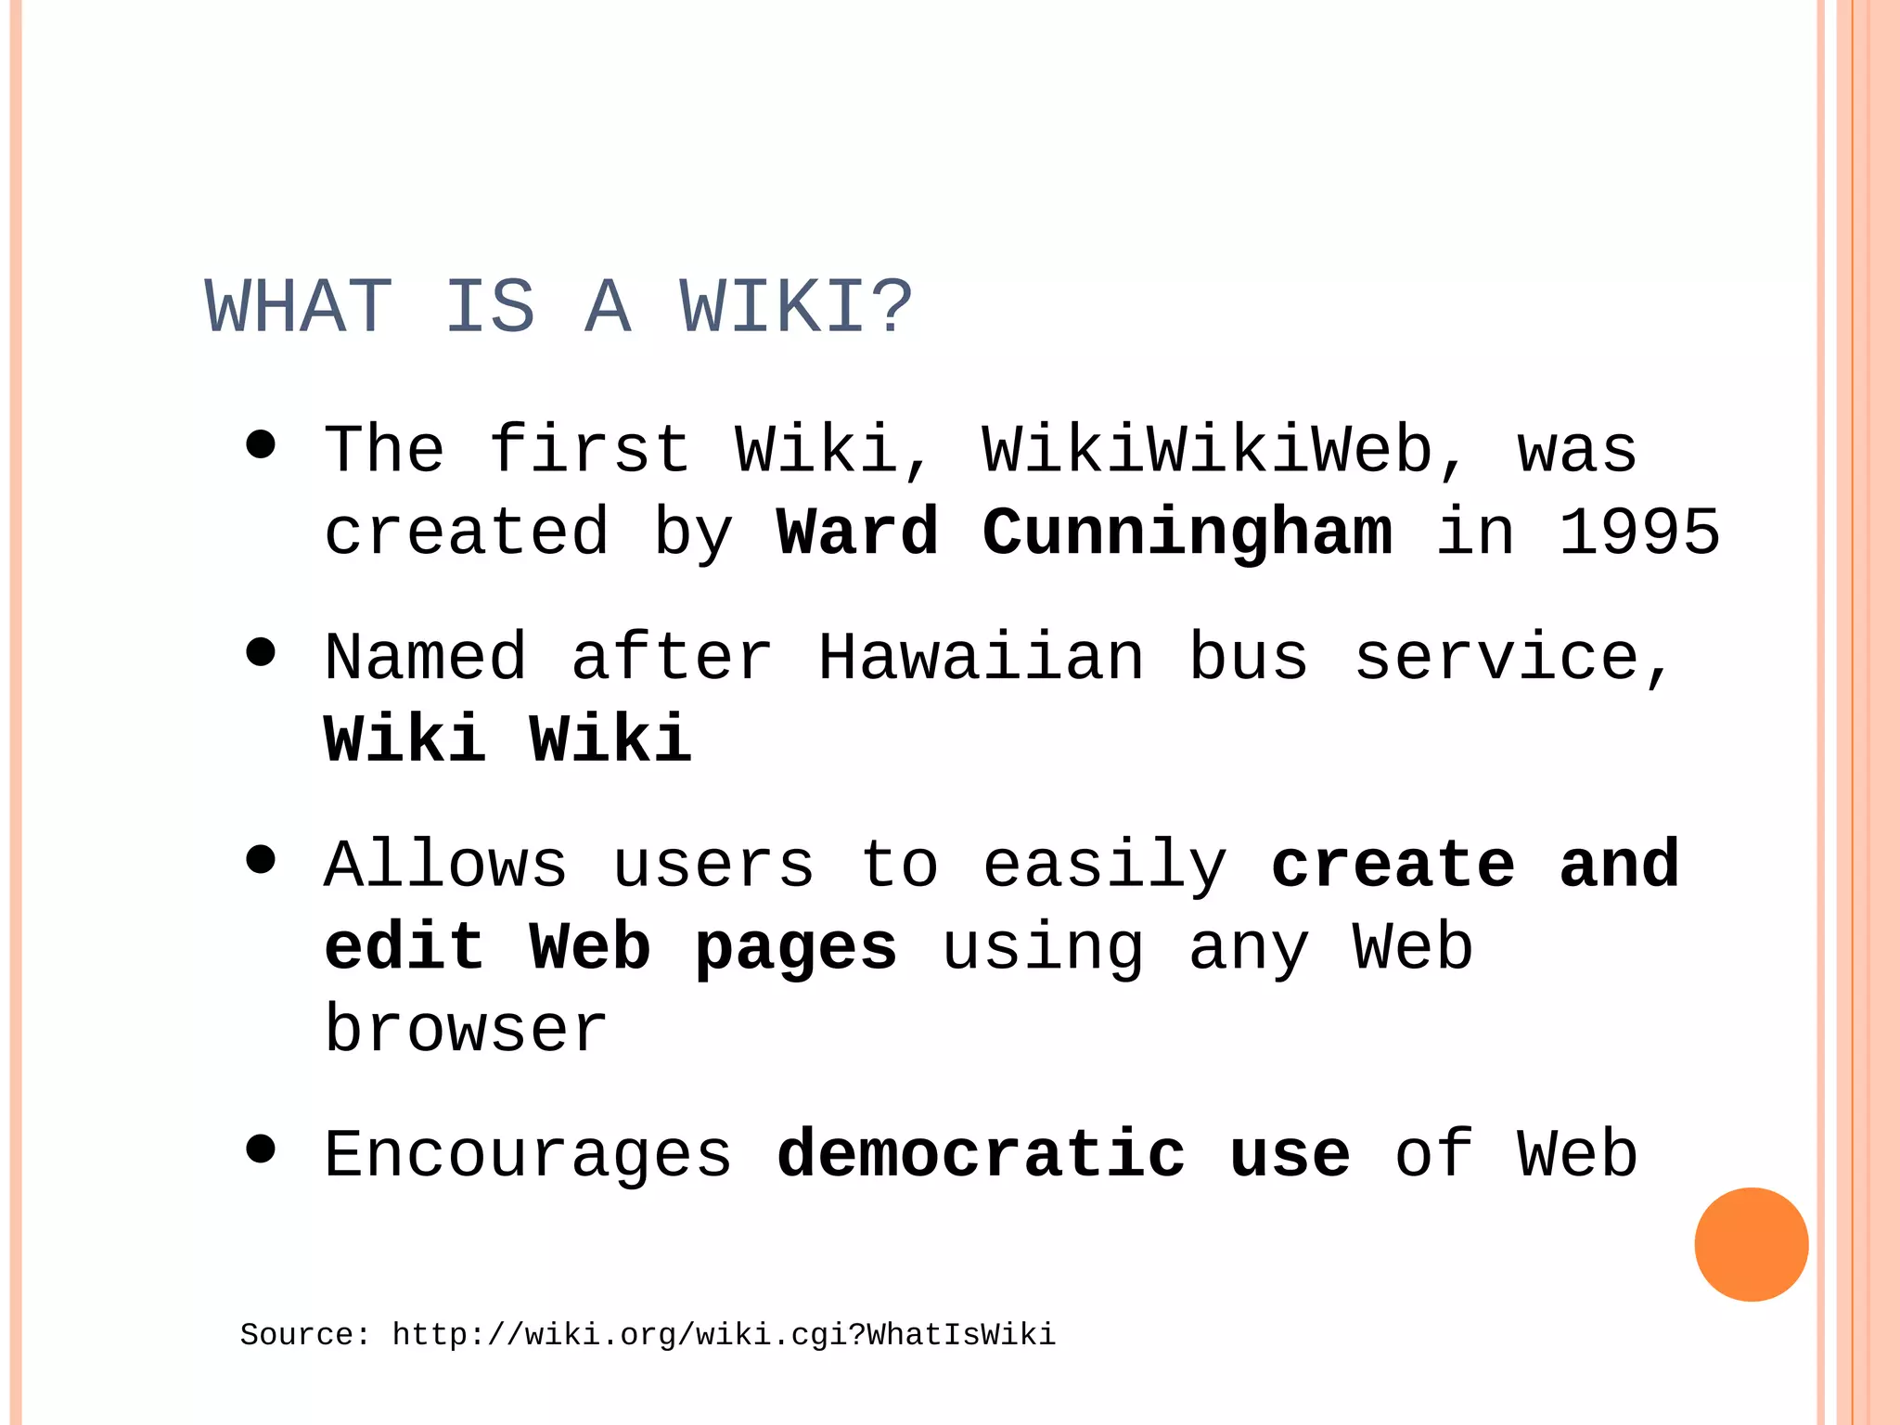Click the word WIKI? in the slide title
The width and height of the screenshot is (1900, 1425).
tap(796, 307)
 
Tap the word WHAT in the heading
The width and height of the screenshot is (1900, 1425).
tap(298, 307)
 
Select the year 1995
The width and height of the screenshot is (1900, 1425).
tap(1638, 533)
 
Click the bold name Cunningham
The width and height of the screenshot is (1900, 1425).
tap(1187, 533)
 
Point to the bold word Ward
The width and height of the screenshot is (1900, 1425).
tap(857, 533)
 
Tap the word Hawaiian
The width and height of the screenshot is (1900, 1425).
tap(981, 658)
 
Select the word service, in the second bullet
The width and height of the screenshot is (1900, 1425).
tap(1513, 658)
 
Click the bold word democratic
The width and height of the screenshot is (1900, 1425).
tap(981, 1155)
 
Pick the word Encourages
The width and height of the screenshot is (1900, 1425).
tap(528, 1155)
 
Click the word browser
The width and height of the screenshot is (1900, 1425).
tap(466, 1030)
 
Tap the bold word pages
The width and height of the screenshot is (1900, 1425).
tap(796, 948)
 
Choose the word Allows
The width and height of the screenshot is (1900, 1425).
tap(445, 865)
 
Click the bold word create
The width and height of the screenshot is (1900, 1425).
tap(1393, 865)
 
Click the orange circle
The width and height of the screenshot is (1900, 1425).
tap(1751, 1244)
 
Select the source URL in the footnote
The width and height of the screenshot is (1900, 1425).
tap(724, 1335)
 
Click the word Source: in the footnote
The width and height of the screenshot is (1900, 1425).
tap(305, 1335)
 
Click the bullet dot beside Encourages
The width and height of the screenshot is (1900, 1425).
tap(262, 1149)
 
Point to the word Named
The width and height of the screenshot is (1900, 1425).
tap(425, 658)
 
